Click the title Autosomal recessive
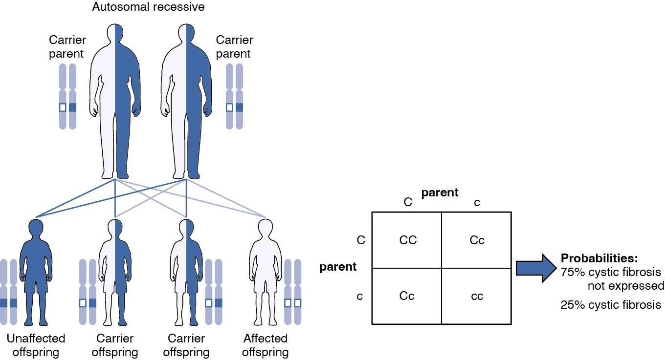(148, 7)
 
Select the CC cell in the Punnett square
(408, 240)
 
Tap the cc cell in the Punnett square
(477, 296)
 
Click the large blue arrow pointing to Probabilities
(536, 268)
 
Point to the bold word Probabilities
(599, 258)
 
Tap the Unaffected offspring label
(36, 345)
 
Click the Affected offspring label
(266, 345)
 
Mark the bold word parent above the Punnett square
(440, 192)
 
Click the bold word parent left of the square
(338, 267)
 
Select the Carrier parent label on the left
(67, 47)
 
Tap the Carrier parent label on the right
(234, 47)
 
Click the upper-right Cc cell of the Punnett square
(477, 240)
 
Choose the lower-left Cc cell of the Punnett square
(407, 296)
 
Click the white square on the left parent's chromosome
(63, 107)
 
